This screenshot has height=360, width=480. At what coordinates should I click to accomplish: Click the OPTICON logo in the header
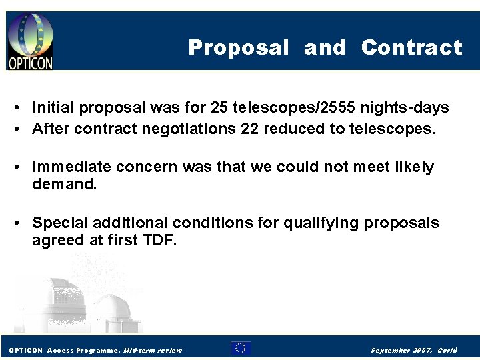pyautogui.click(x=31, y=41)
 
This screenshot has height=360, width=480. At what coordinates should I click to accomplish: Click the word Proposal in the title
pyautogui.click(x=239, y=48)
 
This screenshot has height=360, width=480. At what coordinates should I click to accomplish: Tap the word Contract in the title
pyautogui.click(x=411, y=48)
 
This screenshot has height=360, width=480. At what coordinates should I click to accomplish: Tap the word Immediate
pyautogui.click(x=73, y=167)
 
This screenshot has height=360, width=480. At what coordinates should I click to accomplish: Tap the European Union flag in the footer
pyautogui.click(x=241, y=348)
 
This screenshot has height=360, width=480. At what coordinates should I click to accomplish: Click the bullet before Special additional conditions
pyautogui.click(x=21, y=223)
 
